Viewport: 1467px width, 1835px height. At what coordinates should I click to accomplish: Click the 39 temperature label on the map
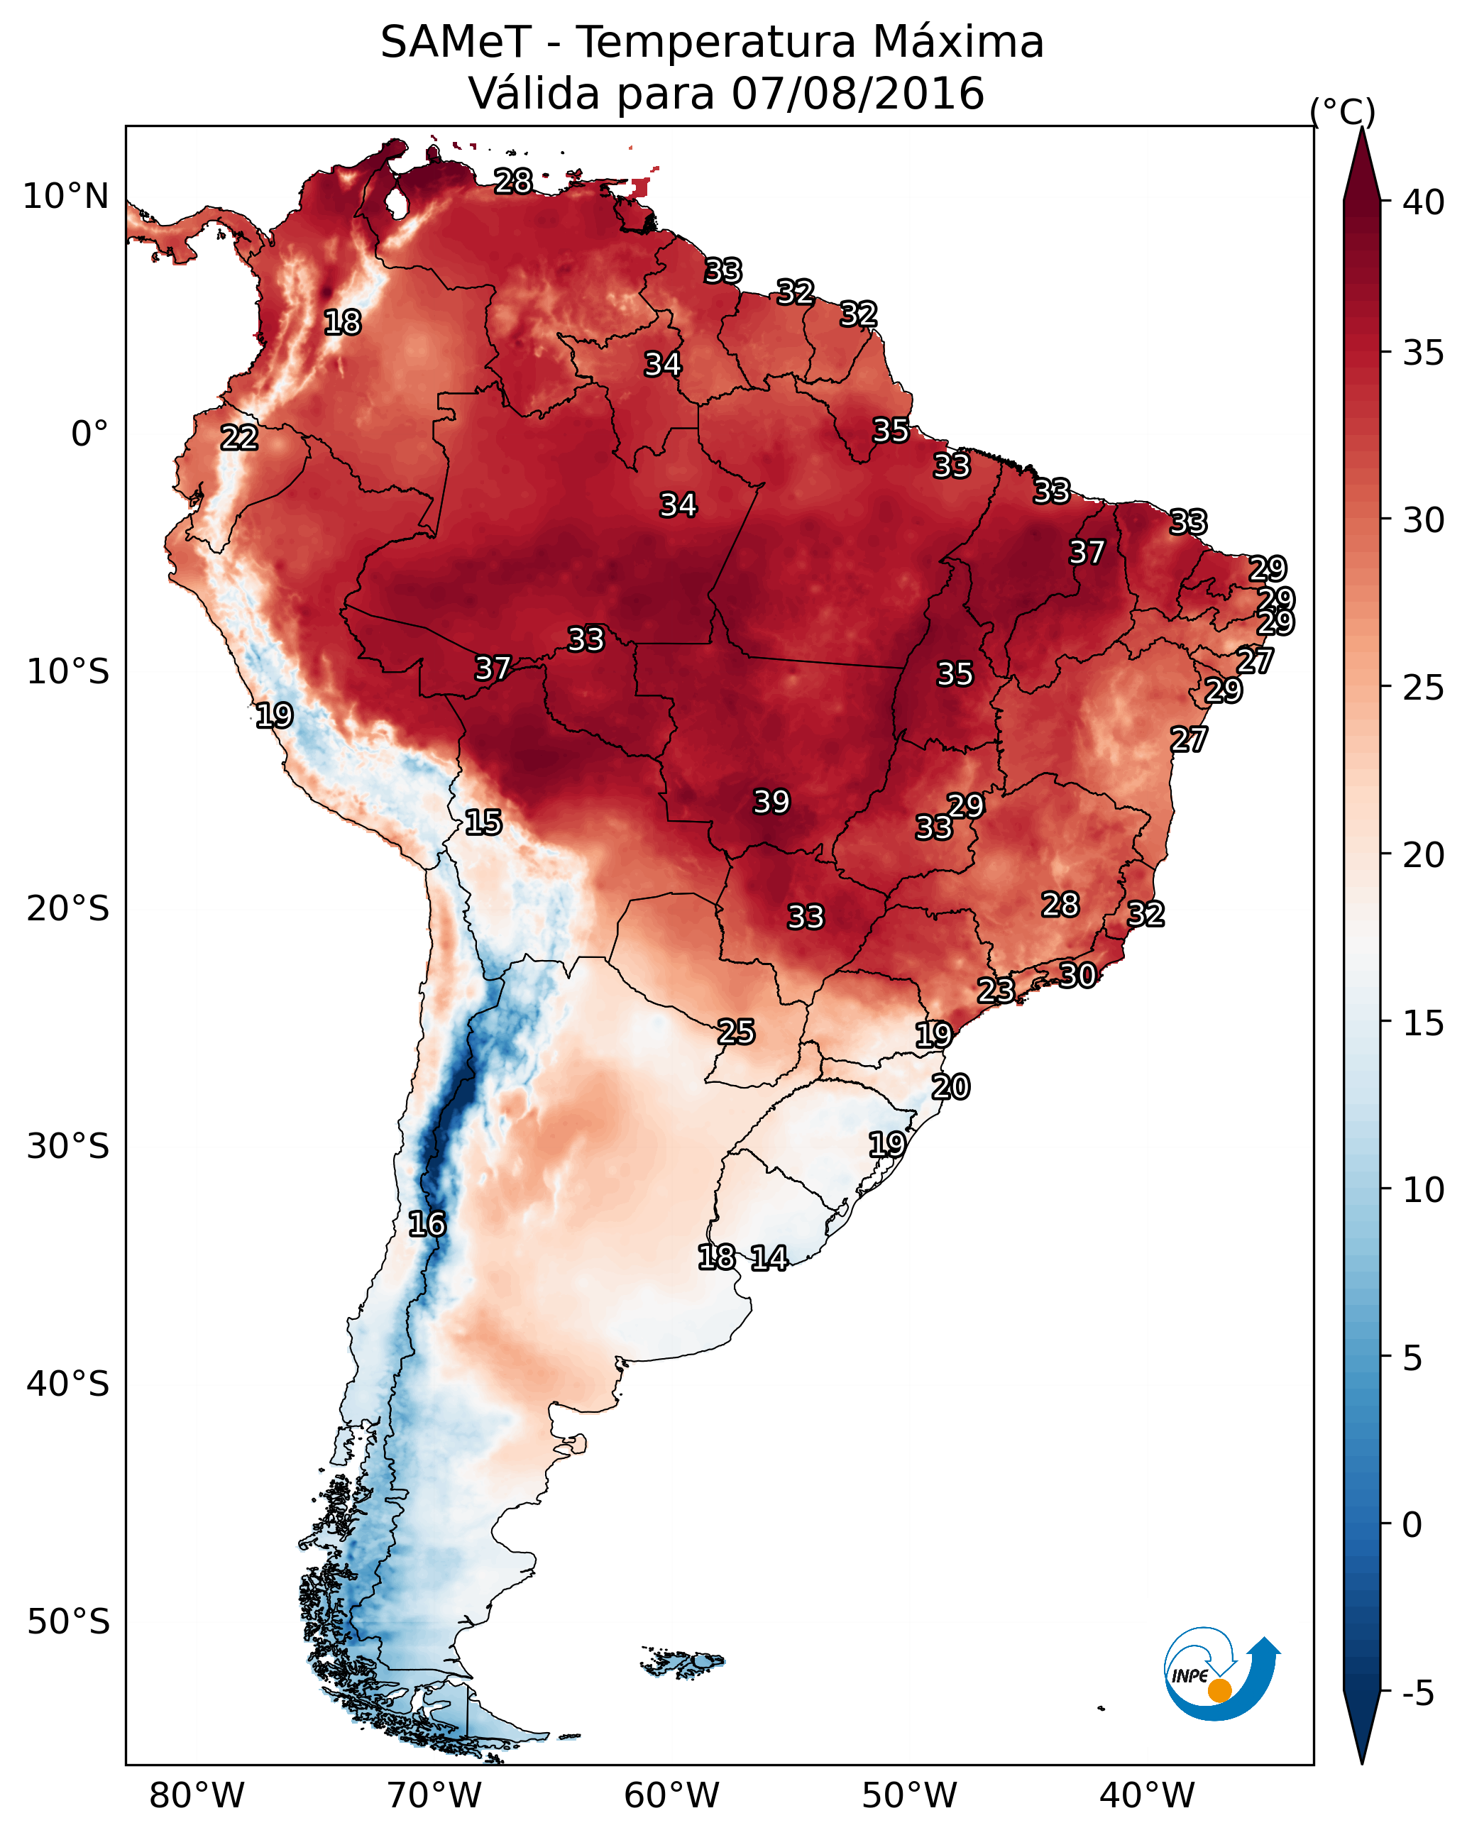click(771, 802)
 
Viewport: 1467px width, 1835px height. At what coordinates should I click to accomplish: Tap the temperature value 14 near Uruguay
click(769, 1258)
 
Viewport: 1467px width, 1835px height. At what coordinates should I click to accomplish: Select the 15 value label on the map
click(483, 822)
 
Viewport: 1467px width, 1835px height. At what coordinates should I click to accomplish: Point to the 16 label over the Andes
click(427, 1224)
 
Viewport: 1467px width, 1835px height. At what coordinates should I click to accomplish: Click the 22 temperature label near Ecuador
click(239, 438)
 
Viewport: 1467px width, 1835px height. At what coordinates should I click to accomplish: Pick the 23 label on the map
click(995, 990)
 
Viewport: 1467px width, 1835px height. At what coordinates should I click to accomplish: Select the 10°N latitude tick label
click(65, 197)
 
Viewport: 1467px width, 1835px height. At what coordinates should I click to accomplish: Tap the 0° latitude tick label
click(89, 434)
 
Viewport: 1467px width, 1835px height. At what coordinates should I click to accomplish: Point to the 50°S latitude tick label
click(68, 1622)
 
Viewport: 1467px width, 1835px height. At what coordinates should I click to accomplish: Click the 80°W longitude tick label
click(197, 1796)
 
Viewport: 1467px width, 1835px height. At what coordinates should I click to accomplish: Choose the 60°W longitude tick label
click(672, 1796)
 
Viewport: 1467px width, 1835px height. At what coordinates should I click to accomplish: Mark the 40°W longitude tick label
click(1147, 1796)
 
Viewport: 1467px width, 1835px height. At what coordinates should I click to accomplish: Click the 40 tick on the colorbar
click(1424, 202)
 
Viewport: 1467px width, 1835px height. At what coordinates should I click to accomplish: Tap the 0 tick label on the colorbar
click(1412, 1525)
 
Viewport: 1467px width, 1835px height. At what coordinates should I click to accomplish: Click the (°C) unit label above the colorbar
click(1342, 111)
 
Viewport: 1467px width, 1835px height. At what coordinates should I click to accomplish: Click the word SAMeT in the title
click(456, 43)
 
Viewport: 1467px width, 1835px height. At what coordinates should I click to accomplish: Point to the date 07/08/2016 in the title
click(857, 94)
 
